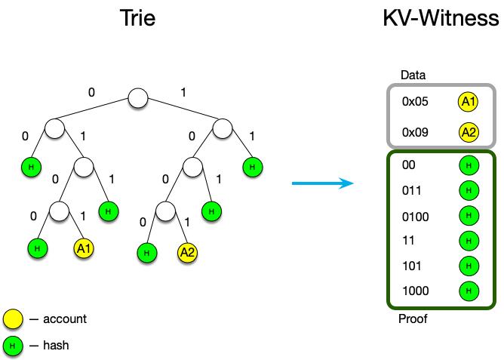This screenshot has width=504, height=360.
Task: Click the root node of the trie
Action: click(138, 98)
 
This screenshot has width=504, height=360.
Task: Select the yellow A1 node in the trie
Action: click(84, 248)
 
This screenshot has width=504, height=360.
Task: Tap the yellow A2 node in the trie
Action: click(187, 252)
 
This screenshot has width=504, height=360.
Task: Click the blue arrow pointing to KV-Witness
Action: click(323, 183)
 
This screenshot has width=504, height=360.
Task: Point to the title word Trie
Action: click(137, 18)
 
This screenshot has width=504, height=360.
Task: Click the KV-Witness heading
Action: click(441, 18)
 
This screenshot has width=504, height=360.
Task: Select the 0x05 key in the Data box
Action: click(415, 102)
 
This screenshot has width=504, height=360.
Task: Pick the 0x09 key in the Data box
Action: click(415, 132)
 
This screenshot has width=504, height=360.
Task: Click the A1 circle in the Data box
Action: click(468, 102)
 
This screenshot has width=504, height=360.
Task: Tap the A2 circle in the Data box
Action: click(469, 132)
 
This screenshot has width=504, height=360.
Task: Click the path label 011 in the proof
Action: click(411, 191)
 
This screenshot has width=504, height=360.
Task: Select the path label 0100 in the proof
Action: click(415, 217)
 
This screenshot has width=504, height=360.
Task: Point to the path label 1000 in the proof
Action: click(415, 291)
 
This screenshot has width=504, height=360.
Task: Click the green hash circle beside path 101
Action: click(469, 266)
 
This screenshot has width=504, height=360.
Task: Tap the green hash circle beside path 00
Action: click(469, 165)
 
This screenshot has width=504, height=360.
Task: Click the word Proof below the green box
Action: click(413, 318)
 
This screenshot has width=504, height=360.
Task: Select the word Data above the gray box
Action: click(413, 75)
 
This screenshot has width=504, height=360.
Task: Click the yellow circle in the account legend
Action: click(13, 319)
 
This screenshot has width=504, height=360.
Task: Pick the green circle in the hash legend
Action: click(13, 346)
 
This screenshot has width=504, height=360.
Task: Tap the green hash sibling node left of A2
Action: click(147, 253)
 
